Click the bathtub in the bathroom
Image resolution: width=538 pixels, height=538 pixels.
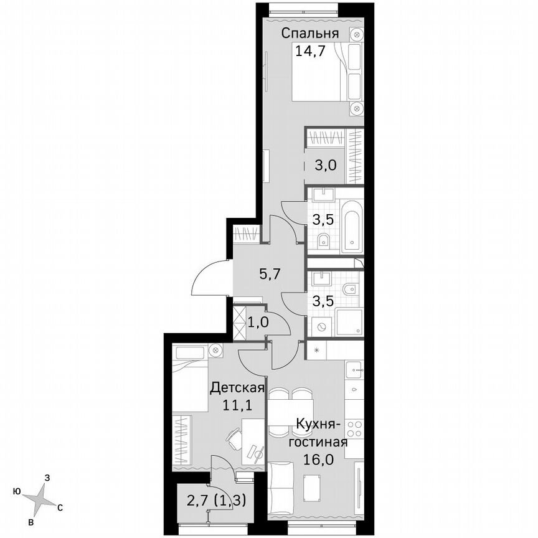[352, 228]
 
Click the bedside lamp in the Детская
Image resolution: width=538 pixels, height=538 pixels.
[216, 351]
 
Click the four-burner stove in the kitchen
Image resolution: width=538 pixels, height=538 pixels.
[354, 428]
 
